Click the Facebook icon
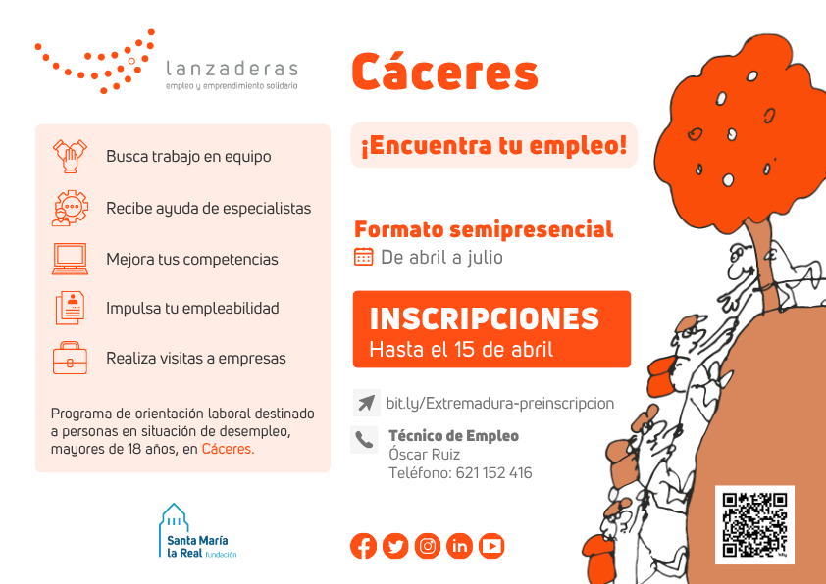(364, 546)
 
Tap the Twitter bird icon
(395, 546)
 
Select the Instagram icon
(428, 546)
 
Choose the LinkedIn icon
(459, 546)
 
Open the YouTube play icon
(491, 546)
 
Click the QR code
(754, 524)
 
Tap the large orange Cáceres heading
(445, 72)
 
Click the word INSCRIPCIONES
(484, 318)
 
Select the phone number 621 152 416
(493, 473)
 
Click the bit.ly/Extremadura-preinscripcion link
(500, 404)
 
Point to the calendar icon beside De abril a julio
(364, 257)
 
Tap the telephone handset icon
(364, 439)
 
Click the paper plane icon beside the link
(366, 403)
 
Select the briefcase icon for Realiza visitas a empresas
(70, 358)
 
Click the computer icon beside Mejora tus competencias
(70, 259)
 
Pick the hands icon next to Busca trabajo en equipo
(70, 156)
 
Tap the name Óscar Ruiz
(424, 454)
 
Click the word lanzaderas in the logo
(232, 69)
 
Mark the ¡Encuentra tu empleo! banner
(494, 145)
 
